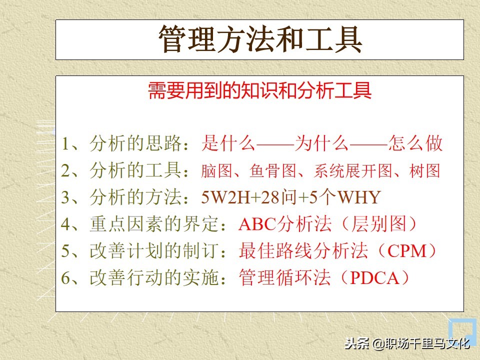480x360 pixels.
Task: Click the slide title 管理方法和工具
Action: pos(260,39)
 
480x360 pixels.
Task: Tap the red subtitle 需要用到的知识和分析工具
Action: pos(260,91)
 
